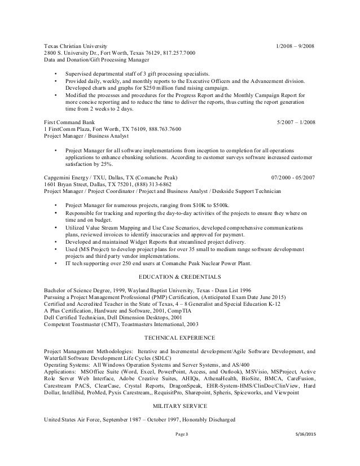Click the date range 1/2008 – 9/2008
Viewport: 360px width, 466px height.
(296, 45)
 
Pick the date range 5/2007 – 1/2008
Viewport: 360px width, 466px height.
(296, 122)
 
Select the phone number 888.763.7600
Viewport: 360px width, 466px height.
(162, 129)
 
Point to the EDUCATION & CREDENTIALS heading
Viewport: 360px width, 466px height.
(179, 277)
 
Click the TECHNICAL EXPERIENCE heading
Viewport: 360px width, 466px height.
(179, 337)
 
